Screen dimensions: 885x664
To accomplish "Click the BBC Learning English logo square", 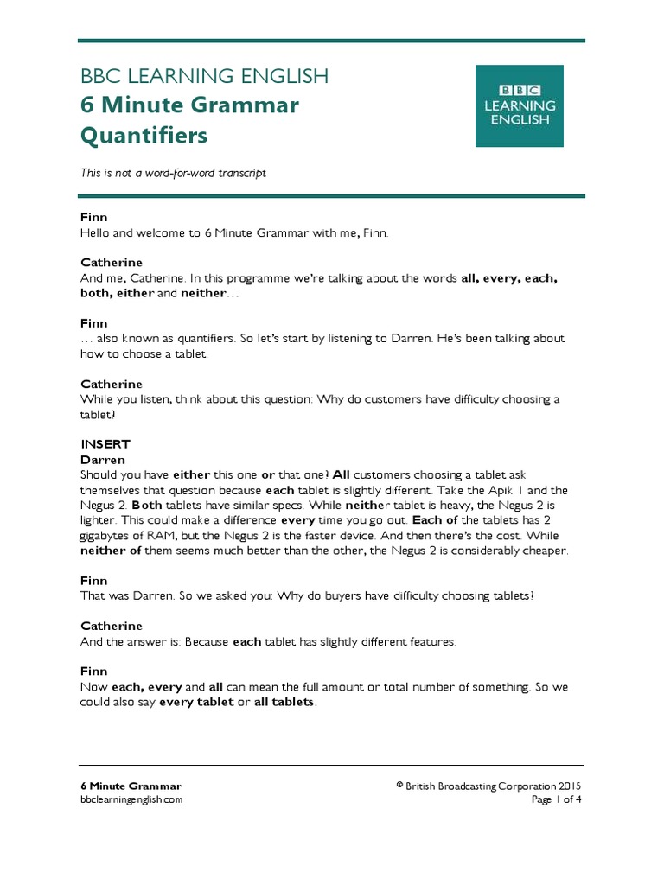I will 520,105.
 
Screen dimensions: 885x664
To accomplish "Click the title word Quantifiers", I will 144,136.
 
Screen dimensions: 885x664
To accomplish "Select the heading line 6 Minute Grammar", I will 189,105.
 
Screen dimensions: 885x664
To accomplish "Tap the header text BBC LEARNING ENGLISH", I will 204,76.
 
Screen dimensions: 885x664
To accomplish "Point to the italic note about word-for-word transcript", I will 173,173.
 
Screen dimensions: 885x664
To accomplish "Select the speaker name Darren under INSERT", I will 103,460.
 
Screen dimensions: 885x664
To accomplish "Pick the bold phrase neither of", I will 111,551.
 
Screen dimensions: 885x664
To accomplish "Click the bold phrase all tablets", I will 284,702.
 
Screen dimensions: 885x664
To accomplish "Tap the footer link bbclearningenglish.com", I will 131,799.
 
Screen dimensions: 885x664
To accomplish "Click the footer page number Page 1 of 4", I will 556,799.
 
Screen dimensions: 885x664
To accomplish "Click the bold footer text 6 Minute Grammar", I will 131,786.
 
